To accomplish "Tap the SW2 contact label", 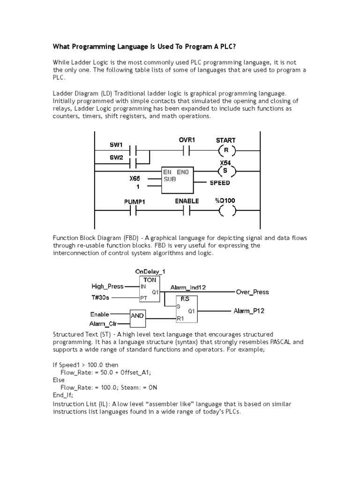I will pos(116,158).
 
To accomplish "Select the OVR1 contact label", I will pos(187,140).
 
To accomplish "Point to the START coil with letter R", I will pos(225,151).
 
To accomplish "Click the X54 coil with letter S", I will pos(225,171).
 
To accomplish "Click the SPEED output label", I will pos(220,183).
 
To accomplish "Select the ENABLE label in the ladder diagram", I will pos(187,201).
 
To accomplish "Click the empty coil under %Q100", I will pos(225,212).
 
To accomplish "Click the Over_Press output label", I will pos(253,292).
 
